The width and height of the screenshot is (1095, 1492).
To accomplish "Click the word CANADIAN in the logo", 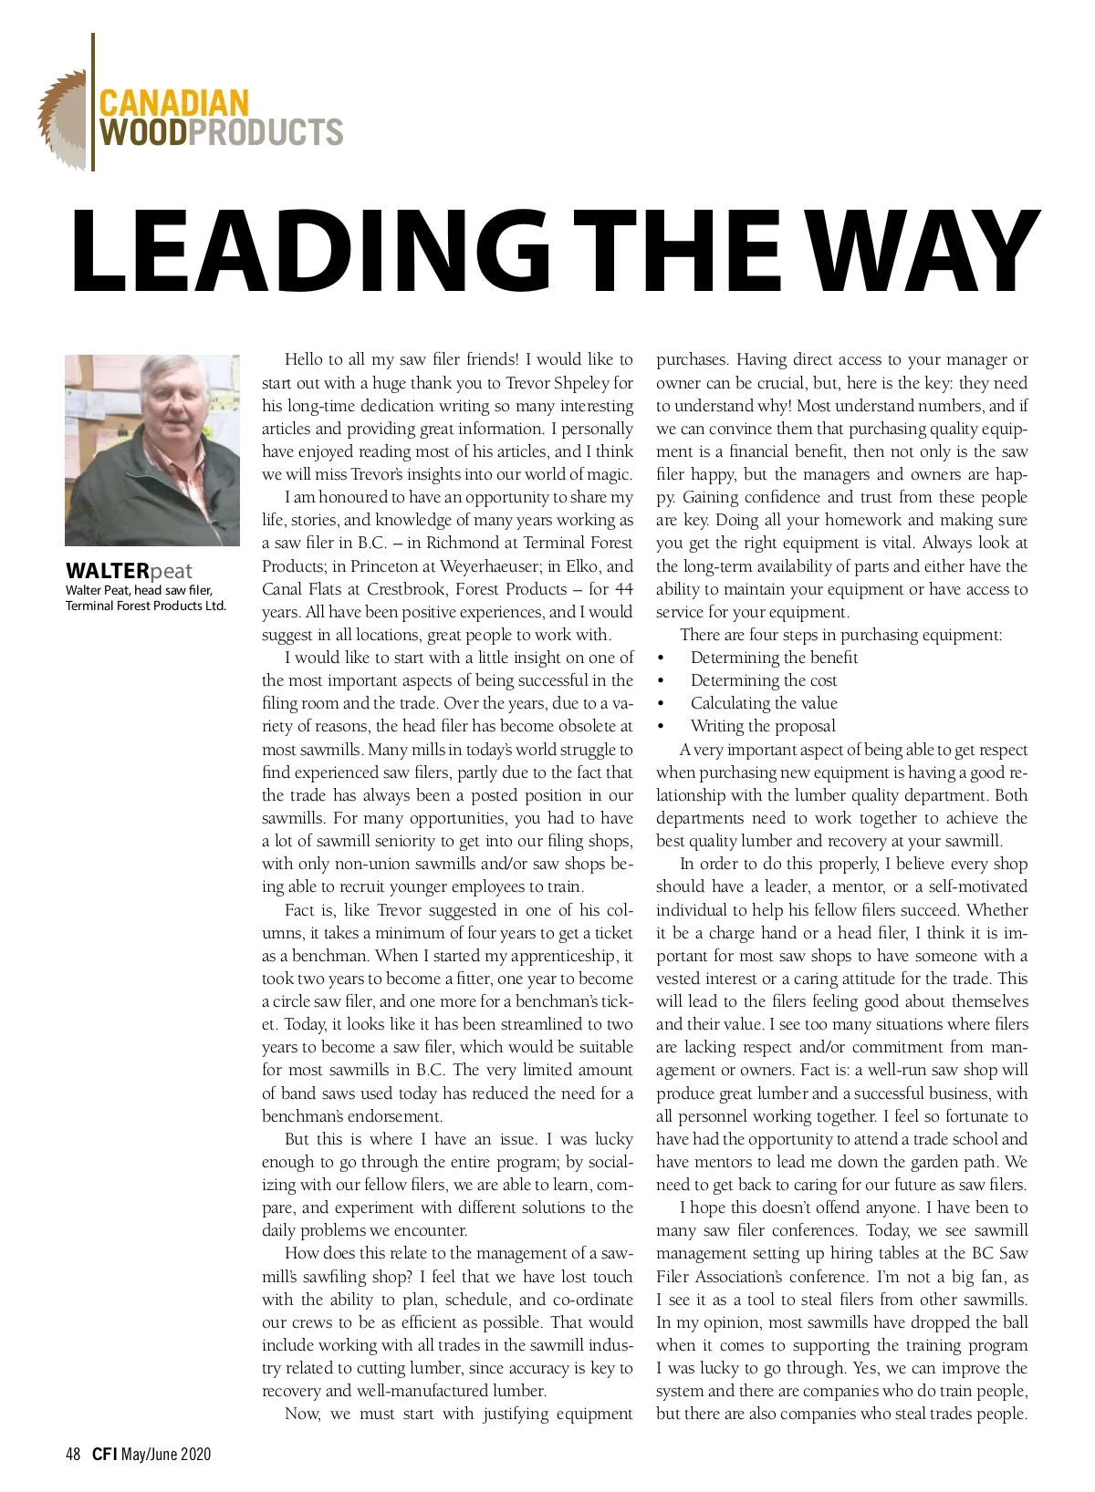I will (173, 101).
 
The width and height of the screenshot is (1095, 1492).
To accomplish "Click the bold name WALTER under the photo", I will (107, 572).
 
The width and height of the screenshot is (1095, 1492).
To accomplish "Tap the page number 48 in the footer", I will (73, 1454).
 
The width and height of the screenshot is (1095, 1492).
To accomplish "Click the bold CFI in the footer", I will (104, 1454).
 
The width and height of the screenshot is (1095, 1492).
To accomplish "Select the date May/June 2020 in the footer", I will (166, 1454).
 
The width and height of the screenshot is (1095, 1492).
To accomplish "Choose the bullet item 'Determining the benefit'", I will (774, 658).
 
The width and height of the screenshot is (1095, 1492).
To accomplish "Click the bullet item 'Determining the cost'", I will (763, 680).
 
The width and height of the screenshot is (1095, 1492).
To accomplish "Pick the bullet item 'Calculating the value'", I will (764, 703).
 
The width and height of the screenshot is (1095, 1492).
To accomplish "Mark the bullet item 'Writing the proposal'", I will (763, 726).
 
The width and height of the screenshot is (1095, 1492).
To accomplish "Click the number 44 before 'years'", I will (622, 589).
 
